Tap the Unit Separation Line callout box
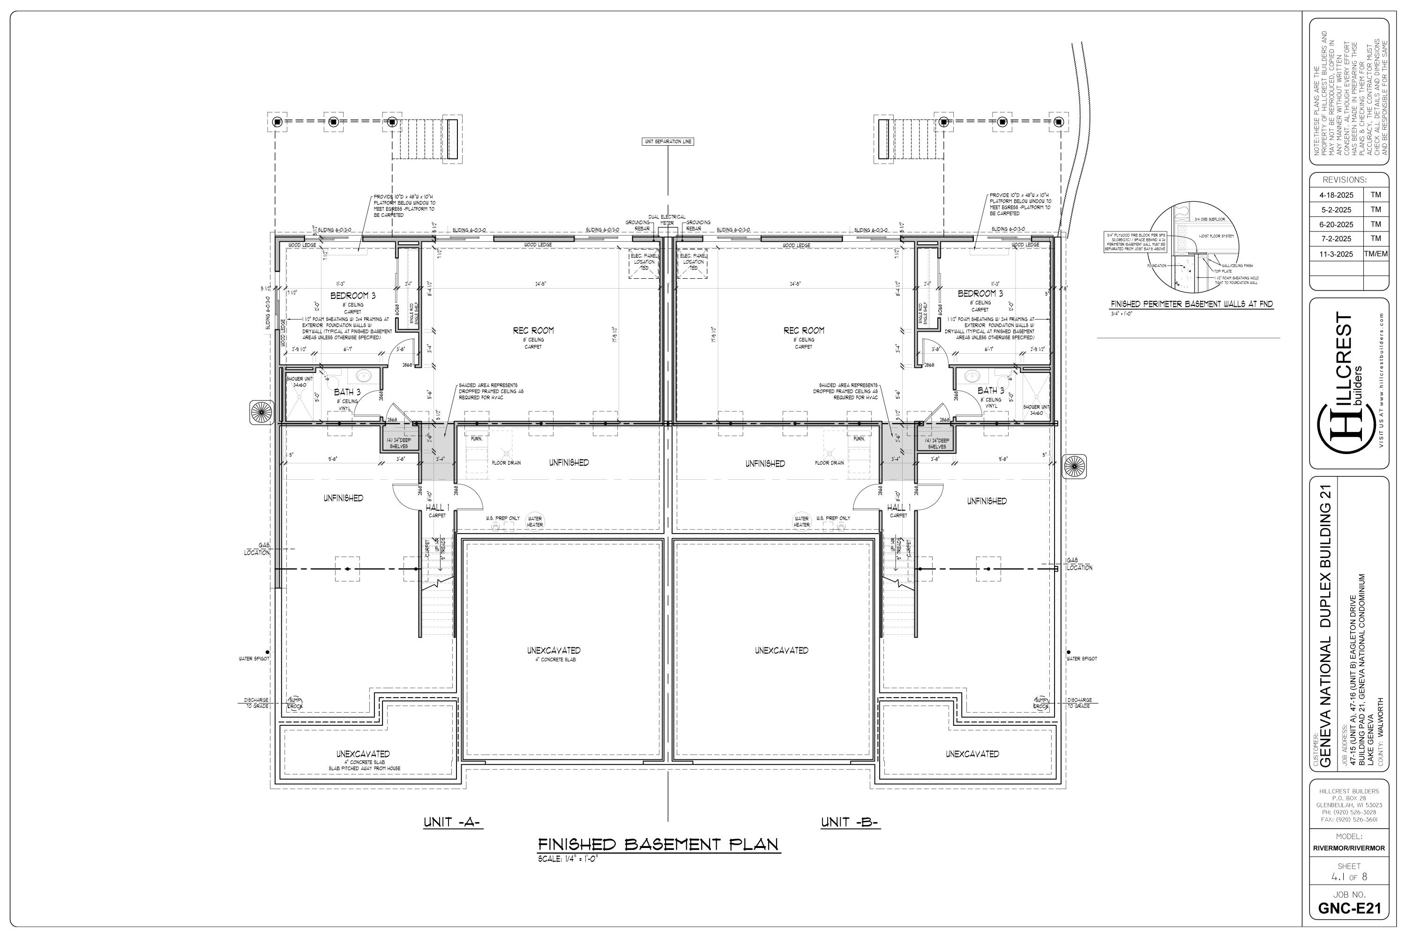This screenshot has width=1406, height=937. (x=668, y=141)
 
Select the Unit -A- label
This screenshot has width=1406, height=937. (x=453, y=822)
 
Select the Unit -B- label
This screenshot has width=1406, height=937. (x=849, y=822)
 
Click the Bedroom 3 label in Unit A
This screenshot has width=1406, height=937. (x=353, y=296)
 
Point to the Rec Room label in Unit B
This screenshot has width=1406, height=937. (x=803, y=330)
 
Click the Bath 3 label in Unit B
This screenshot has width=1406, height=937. (x=991, y=391)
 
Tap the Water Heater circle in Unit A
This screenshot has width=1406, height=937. (x=534, y=522)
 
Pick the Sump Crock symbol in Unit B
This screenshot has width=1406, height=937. (x=1041, y=703)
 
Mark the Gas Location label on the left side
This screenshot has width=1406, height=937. (x=257, y=549)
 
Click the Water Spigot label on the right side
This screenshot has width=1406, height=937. (x=1081, y=659)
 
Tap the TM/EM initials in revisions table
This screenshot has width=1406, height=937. (x=1376, y=254)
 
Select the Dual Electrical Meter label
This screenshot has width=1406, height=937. (x=667, y=220)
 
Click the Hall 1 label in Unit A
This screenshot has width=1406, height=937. (x=437, y=507)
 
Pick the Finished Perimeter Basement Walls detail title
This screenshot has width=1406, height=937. (x=1191, y=304)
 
